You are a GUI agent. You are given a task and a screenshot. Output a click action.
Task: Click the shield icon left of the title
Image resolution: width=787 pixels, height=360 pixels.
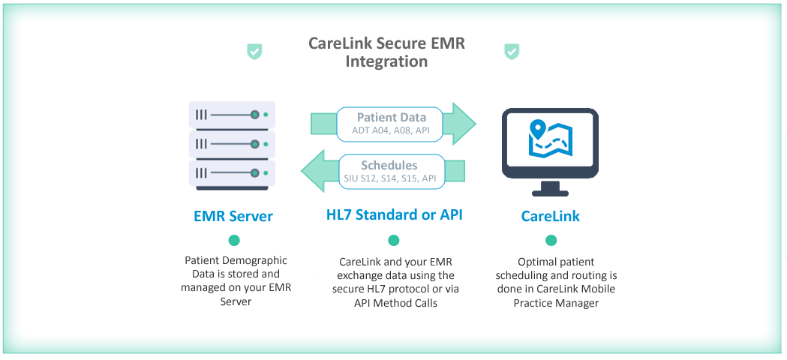(x=254, y=51)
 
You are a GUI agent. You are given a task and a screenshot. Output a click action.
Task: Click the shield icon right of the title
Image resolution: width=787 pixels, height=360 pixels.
(x=512, y=51)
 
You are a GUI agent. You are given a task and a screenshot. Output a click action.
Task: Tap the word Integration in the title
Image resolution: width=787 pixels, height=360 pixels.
(x=386, y=61)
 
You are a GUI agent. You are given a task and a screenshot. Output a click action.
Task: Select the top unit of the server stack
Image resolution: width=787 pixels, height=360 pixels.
(x=232, y=115)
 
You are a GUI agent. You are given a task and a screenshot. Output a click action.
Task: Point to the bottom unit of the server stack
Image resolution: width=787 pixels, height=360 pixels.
(x=232, y=173)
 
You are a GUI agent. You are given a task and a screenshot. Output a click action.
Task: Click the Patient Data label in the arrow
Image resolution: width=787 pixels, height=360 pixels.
(x=392, y=118)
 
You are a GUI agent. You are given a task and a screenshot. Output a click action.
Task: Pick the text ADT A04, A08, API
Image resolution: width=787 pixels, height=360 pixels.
(x=390, y=132)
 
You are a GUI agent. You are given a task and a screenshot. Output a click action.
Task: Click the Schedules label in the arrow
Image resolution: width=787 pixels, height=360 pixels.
(x=389, y=165)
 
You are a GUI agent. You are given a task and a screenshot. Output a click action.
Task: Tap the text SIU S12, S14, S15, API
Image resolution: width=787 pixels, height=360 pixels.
(x=390, y=178)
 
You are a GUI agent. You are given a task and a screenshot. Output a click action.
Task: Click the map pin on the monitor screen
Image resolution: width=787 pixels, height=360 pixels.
(x=539, y=129)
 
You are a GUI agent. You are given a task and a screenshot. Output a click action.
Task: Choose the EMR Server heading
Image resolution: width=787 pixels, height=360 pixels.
(x=233, y=217)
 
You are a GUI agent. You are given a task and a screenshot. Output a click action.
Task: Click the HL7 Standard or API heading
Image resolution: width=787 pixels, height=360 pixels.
(x=394, y=215)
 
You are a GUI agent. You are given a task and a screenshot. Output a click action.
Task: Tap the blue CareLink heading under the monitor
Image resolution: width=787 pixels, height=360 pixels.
(x=550, y=217)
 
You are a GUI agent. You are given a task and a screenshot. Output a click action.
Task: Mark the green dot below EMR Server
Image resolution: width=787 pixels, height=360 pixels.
(x=234, y=241)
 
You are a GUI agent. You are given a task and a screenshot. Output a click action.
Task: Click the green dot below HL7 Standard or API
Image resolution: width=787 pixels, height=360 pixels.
(x=393, y=241)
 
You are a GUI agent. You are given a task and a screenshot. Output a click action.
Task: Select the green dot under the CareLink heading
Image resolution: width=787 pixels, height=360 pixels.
(x=551, y=241)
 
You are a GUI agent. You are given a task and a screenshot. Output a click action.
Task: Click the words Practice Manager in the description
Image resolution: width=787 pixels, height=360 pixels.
(x=556, y=304)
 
